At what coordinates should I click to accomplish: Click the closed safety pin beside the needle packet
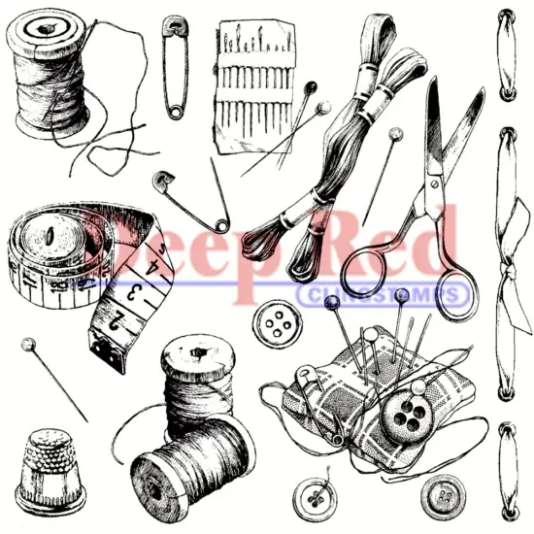coord(176,65)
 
